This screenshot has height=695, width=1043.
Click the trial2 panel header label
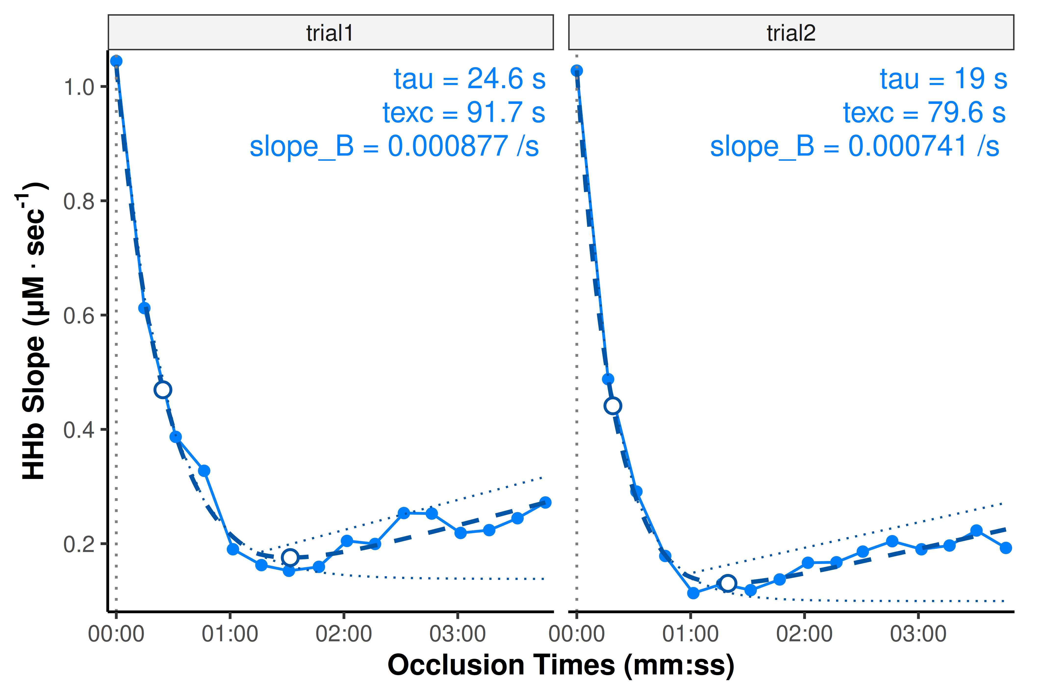[791, 33]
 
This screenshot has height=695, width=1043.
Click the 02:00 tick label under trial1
[343, 634]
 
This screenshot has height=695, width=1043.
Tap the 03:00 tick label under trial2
[918, 634]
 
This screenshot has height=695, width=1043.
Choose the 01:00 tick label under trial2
[690, 634]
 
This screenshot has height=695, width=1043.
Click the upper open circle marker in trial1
[163, 390]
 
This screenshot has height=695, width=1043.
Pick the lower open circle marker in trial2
[727, 583]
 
